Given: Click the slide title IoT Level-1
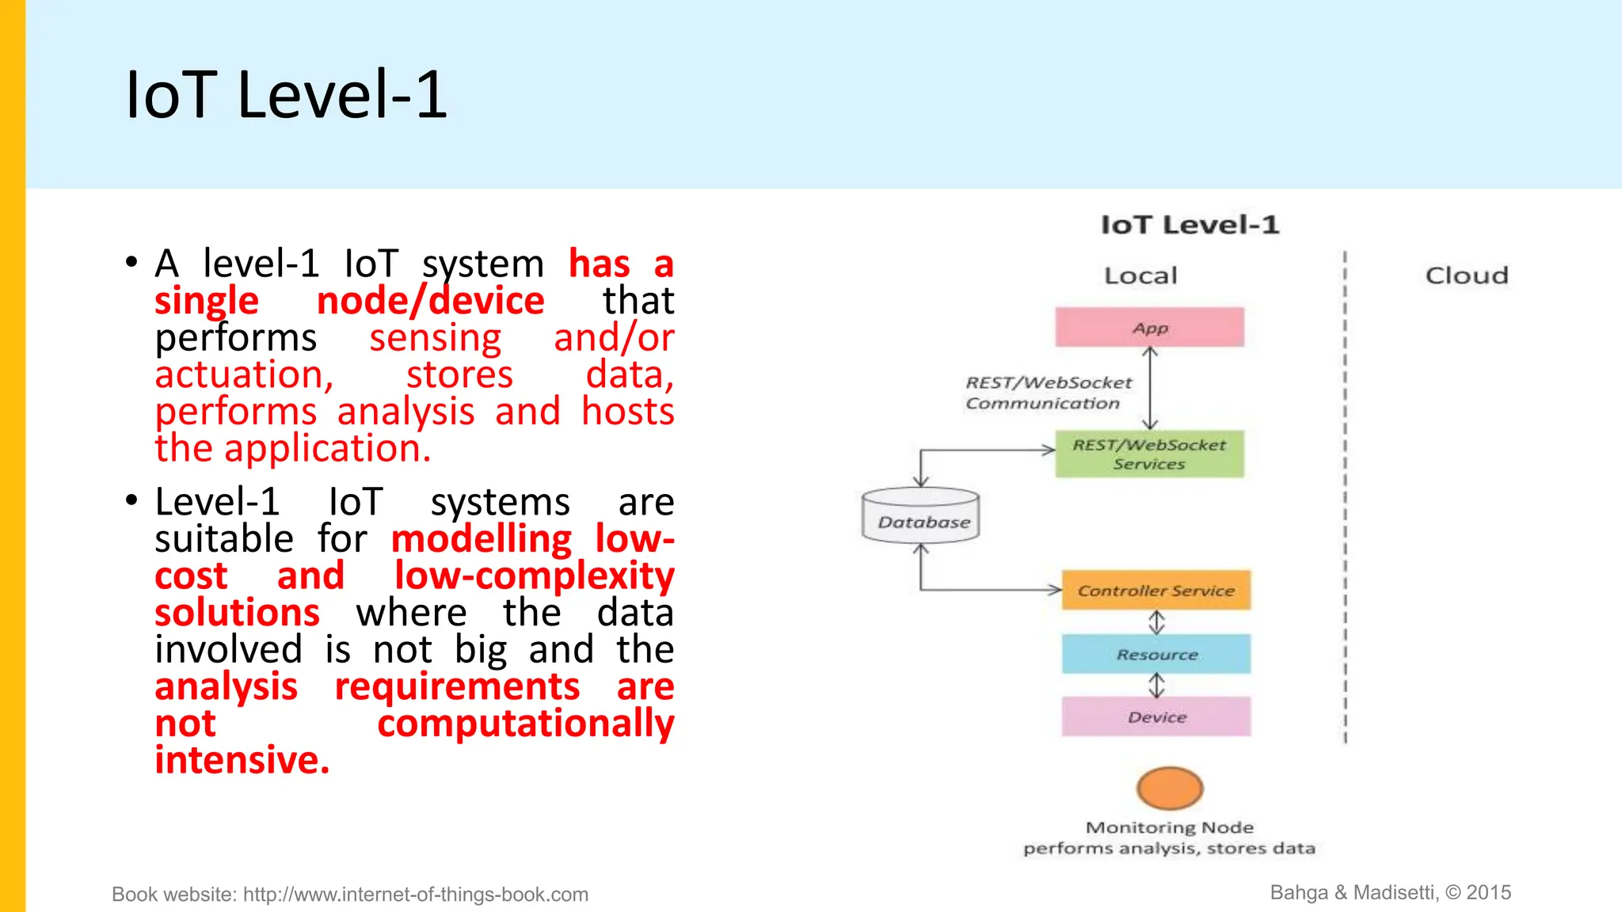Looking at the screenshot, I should click(286, 95).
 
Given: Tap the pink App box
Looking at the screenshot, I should click(1149, 328).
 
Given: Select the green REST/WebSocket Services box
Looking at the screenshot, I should click(1149, 454).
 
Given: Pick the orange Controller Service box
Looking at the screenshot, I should click(1156, 591).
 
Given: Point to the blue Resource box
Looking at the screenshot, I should click(1156, 654).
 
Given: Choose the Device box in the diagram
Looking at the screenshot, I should click(1156, 717).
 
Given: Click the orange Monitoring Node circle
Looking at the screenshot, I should click(1170, 788).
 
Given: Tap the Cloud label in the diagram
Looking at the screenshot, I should click(1467, 275).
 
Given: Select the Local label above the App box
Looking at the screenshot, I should click(1140, 275).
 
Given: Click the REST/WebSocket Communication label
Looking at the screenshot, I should click(1048, 393).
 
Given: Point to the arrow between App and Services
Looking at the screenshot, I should click(1151, 388).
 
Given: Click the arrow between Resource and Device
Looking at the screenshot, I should click(1157, 685).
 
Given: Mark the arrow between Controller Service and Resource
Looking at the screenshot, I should click(1157, 622).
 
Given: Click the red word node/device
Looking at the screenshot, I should click(430, 301).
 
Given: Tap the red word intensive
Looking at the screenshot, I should click(242, 760).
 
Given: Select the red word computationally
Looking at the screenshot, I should click(525, 723).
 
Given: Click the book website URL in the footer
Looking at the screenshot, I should click(415, 895).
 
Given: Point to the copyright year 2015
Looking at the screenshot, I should click(1488, 892).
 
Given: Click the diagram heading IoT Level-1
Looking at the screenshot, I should click(1190, 225).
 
